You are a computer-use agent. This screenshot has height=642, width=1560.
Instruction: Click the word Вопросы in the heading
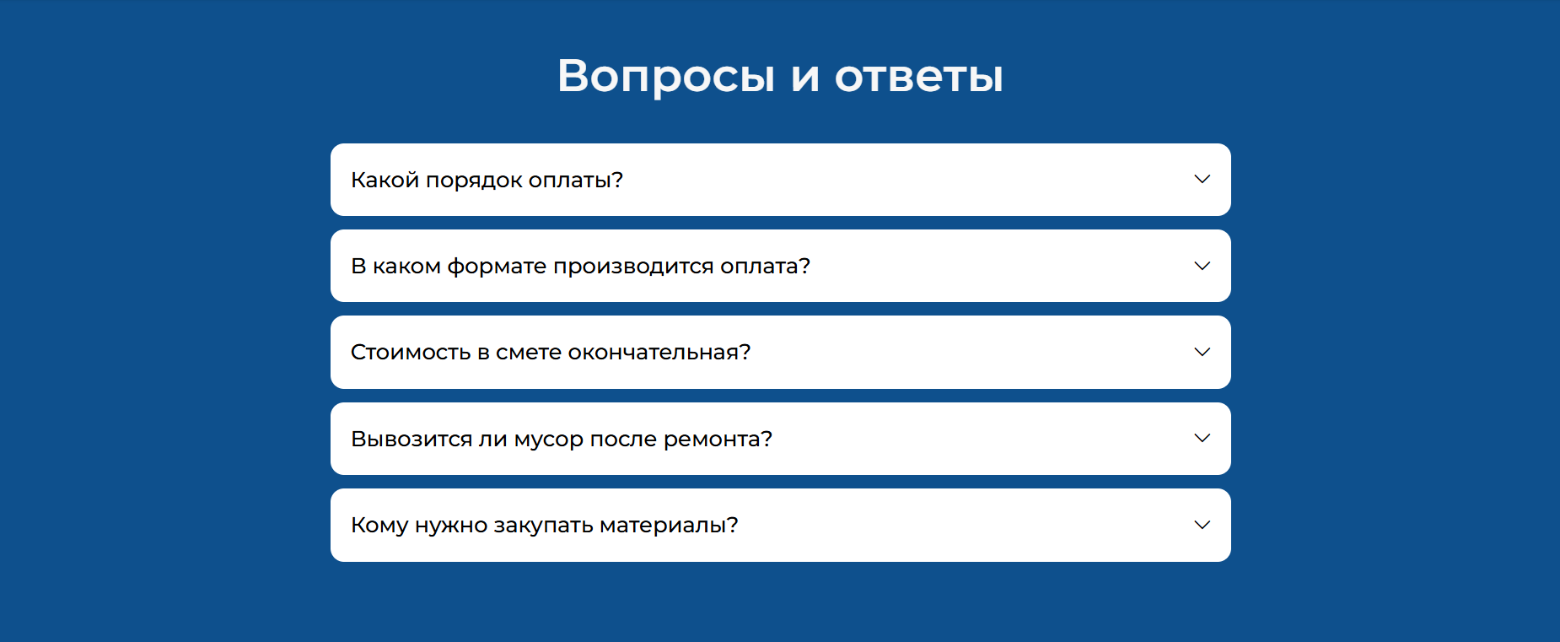(x=666, y=77)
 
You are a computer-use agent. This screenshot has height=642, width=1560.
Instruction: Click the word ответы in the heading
(x=919, y=76)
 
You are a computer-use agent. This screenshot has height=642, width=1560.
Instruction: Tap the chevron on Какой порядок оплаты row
(x=1202, y=180)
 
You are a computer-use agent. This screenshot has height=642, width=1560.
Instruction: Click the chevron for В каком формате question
(x=1202, y=266)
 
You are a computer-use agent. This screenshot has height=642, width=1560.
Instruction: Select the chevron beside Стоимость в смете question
(x=1202, y=352)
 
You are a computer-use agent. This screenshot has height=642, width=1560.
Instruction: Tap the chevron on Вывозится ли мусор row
(x=1202, y=439)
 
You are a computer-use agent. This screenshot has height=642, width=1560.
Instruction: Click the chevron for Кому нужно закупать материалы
(x=1202, y=525)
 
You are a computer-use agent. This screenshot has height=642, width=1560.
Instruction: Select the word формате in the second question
(x=497, y=267)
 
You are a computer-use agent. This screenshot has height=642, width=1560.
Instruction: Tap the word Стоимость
(x=411, y=352)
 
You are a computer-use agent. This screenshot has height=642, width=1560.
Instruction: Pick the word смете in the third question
(x=529, y=353)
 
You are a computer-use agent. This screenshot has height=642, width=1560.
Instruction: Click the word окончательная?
(x=659, y=352)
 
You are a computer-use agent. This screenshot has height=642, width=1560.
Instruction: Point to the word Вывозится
(x=412, y=439)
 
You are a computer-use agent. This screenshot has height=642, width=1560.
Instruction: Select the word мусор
(x=549, y=440)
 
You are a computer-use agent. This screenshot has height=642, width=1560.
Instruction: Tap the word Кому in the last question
(x=379, y=526)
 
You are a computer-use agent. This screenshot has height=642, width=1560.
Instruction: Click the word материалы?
(x=670, y=526)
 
